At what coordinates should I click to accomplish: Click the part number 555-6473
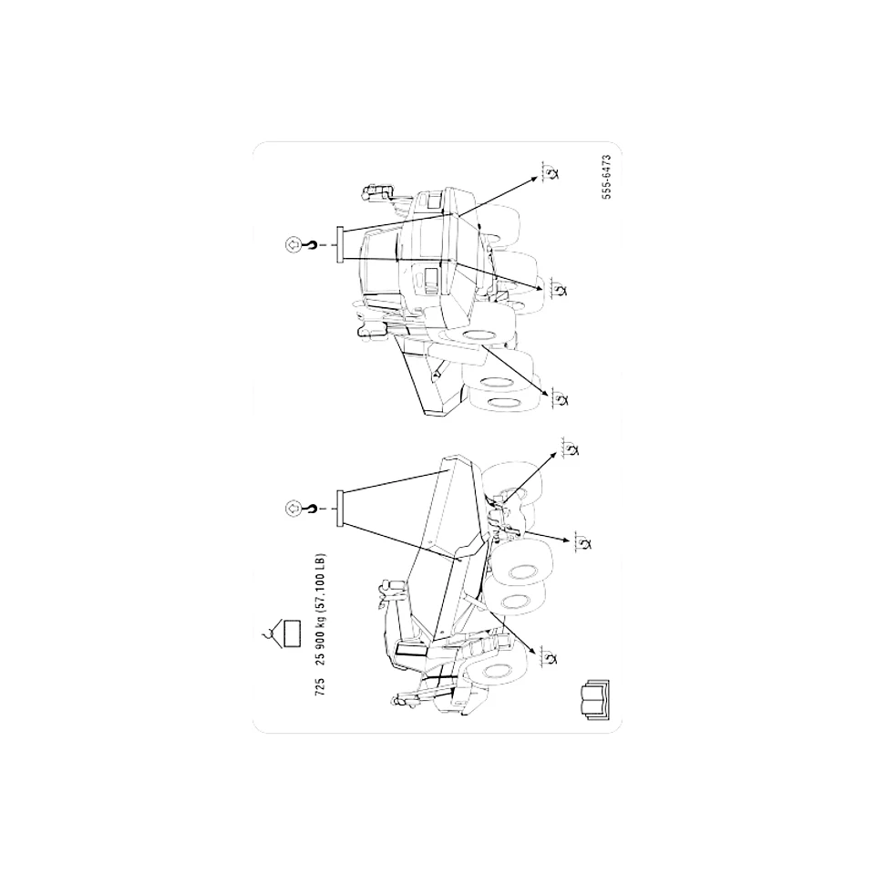point(607,177)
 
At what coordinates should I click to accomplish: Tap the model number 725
point(320,685)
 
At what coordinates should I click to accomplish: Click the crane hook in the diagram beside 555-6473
point(311,244)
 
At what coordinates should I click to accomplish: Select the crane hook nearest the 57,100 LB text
point(311,509)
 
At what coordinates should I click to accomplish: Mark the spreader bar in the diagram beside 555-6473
point(339,244)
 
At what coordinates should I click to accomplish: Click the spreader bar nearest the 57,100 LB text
point(339,509)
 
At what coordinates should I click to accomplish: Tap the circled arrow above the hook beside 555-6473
point(293,244)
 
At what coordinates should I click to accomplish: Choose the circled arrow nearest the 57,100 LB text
point(293,509)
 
